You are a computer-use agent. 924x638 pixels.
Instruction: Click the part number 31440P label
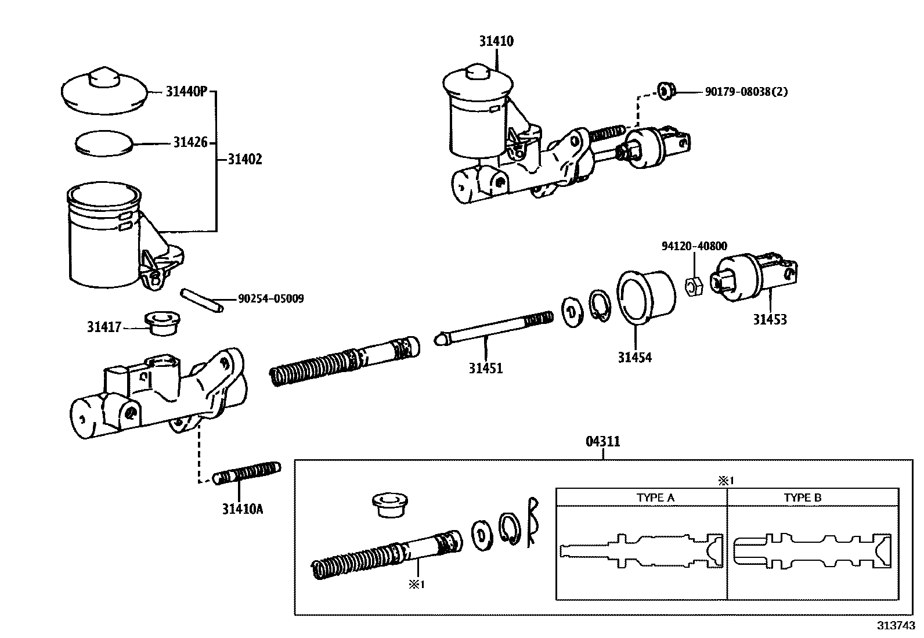[186, 92]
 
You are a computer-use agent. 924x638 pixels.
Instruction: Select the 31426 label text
[190, 142]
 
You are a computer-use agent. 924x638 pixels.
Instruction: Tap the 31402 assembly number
[244, 159]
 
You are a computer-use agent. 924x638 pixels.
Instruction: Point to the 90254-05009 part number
[270, 299]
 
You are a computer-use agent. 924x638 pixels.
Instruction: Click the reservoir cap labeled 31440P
[103, 91]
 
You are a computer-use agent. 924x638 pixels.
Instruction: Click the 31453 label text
[770, 319]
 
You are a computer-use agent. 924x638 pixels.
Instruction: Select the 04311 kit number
[602, 442]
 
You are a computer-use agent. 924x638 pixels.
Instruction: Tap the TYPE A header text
[655, 498]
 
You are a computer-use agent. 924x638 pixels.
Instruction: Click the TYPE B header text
[803, 498]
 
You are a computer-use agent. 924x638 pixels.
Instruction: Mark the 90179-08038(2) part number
[746, 92]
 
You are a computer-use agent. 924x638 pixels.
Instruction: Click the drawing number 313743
[896, 626]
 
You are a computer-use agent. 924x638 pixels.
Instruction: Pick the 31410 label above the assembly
[496, 41]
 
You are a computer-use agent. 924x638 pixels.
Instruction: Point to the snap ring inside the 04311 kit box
[508, 528]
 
